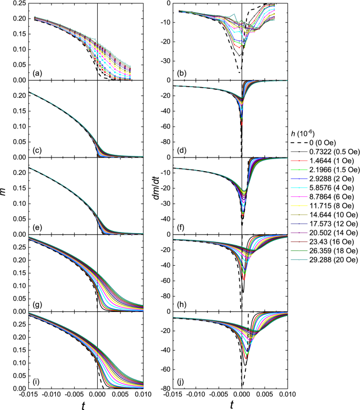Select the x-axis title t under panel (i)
98,404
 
